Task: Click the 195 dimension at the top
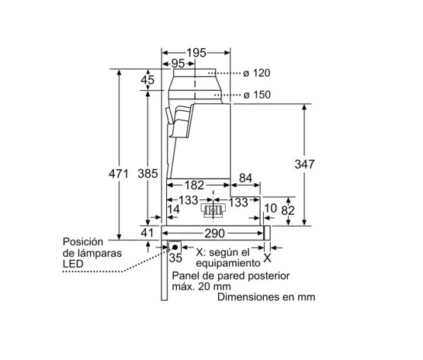pyautogui.click(x=196, y=53)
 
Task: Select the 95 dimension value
pyautogui.click(x=178, y=64)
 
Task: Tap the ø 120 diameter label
pyautogui.click(x=257, y=73)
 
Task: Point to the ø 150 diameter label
pyautogui.click(x=257, y=95)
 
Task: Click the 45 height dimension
pyautogui.click(x=147, y=80)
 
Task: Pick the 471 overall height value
pyautogui.click(x=119, y=174)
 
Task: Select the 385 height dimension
pyautogui.click(x=147, y=174)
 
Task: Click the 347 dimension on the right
pyautogui.click(x=304, y=164)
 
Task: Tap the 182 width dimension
pyautogui.click(x=194, y=185)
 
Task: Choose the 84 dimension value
pyautogui.click(x=245, y=178)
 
